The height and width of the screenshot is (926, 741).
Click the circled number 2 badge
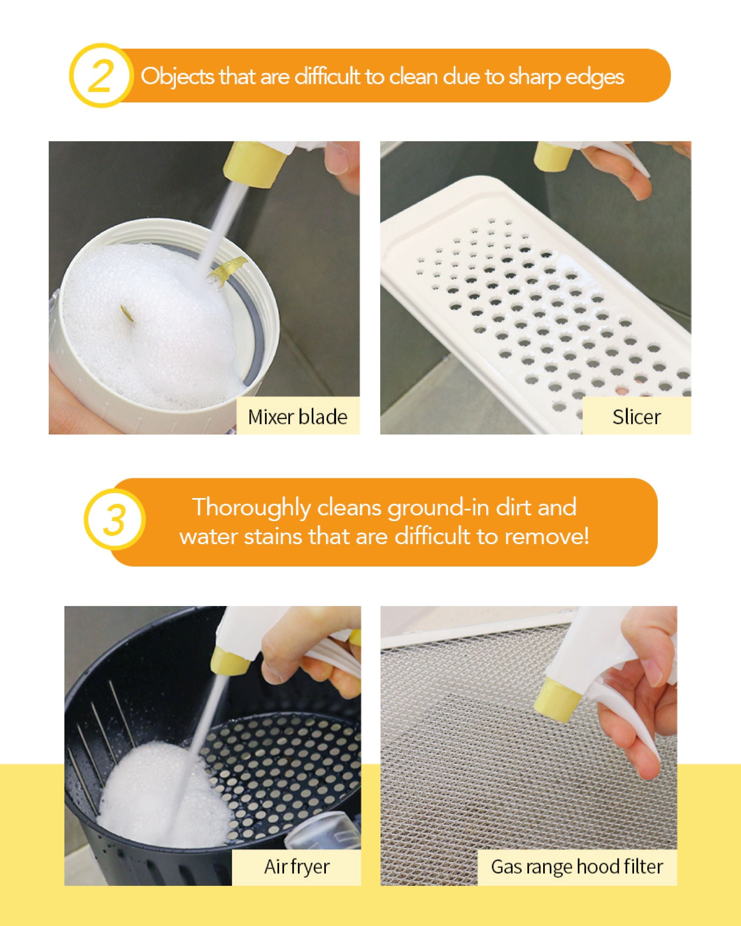101,76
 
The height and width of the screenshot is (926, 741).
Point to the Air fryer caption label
296,866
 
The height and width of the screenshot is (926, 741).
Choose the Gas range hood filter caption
577,866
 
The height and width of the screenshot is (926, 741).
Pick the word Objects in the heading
177,77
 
